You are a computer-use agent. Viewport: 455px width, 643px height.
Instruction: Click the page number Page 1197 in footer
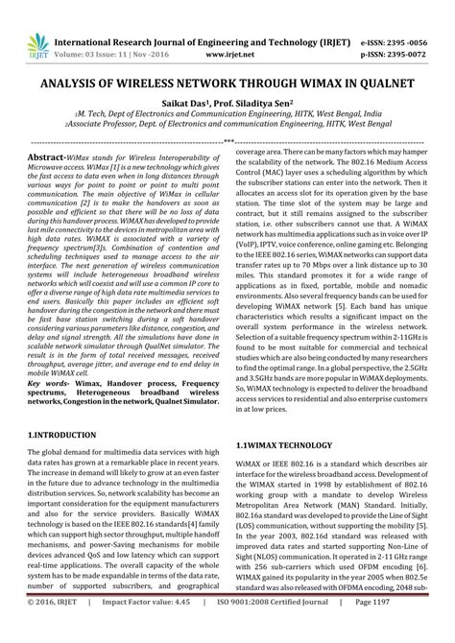coord(409,629)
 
